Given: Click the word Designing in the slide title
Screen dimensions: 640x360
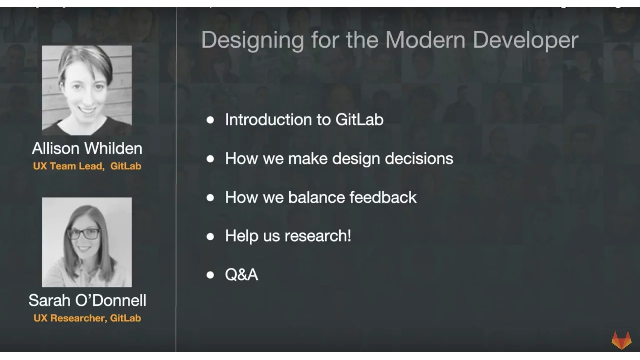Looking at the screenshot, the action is click(253, 41).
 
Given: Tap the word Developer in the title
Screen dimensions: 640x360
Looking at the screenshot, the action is click(525, 41).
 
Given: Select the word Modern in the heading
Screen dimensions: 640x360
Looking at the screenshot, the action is click(425, 40).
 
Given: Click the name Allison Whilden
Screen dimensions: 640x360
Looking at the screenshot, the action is click(87, 148).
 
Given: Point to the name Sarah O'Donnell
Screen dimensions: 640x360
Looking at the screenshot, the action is click(87, 300).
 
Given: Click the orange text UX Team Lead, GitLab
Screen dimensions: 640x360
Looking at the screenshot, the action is click(87, 166).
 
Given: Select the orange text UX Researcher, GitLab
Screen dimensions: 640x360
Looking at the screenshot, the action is click(87, 318).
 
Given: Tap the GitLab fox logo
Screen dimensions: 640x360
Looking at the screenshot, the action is click(621, 340).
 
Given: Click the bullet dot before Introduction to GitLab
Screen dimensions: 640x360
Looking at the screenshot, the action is click(210, 120).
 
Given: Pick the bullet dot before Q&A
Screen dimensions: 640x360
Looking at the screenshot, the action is click(210, 275).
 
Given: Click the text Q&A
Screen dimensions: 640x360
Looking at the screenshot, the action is click(241, 275).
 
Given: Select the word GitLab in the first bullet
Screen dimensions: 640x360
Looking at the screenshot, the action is click(359, 119).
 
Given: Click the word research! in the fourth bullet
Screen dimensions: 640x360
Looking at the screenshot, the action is click(318, 236).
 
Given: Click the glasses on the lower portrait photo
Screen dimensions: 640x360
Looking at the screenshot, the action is click(83, 234).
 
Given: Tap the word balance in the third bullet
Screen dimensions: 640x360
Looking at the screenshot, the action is click(316, 197).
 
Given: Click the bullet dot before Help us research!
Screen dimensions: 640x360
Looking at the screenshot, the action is click(210, 237).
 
